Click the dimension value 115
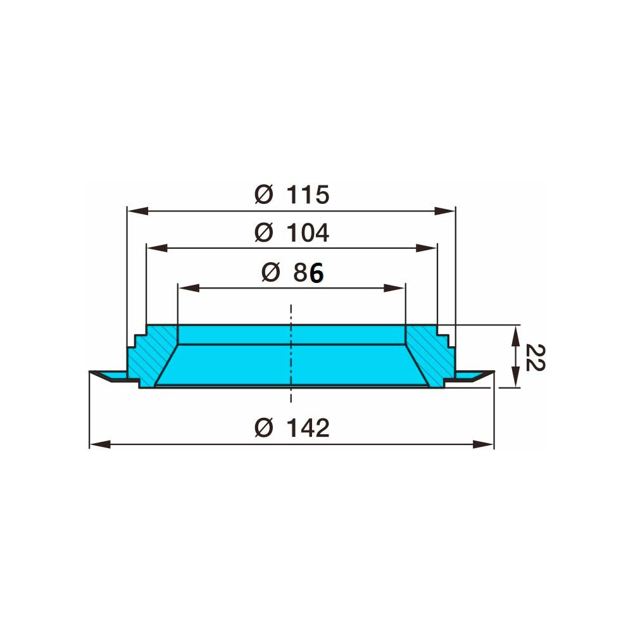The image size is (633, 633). coord(308,194)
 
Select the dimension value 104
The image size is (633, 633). coord(308,233)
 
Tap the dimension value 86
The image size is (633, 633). coord(308,273)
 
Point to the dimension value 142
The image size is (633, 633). coord(308,428)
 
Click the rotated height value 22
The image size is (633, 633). coord(536,358)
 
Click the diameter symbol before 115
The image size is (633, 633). coord(263,194)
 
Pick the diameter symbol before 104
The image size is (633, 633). coord(263,233)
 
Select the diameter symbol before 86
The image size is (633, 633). coord(270,272)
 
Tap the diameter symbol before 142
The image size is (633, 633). coord(263,428)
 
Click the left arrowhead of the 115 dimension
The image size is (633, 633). coord(137,211)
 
